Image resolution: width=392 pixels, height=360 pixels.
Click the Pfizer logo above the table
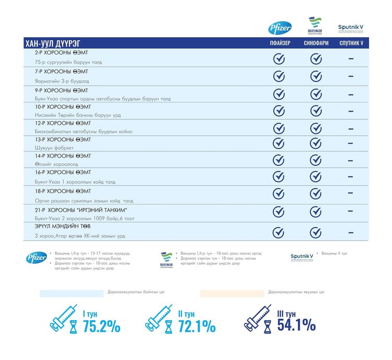[x=279, y=28]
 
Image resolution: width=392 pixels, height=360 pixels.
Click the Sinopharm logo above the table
[x=315, y=26]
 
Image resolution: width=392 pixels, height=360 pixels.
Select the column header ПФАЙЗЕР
[x=279, y=43]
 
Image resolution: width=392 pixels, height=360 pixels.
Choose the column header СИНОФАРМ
[x=316, y=43]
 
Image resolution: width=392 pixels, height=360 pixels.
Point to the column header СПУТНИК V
[x=351, y=43]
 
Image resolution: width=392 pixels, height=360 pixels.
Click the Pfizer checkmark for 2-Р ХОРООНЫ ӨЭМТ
[x=279, y=59]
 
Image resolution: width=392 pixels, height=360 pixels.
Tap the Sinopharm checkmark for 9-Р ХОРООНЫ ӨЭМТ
[x=316, y=94]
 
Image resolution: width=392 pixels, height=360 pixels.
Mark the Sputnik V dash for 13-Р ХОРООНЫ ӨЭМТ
[x=351, y=143]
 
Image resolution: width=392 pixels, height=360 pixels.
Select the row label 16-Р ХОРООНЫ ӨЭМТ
[x=63, y=172]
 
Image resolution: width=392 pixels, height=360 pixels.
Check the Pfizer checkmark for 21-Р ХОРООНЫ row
[x=279, y=212]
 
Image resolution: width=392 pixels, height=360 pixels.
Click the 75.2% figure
[x=101, y=327]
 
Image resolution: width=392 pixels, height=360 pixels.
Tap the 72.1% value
[x=197, y=327]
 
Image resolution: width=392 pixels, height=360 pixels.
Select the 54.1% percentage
[x=296, y=325]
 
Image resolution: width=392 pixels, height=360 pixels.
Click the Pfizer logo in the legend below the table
[x=36, y=257]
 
